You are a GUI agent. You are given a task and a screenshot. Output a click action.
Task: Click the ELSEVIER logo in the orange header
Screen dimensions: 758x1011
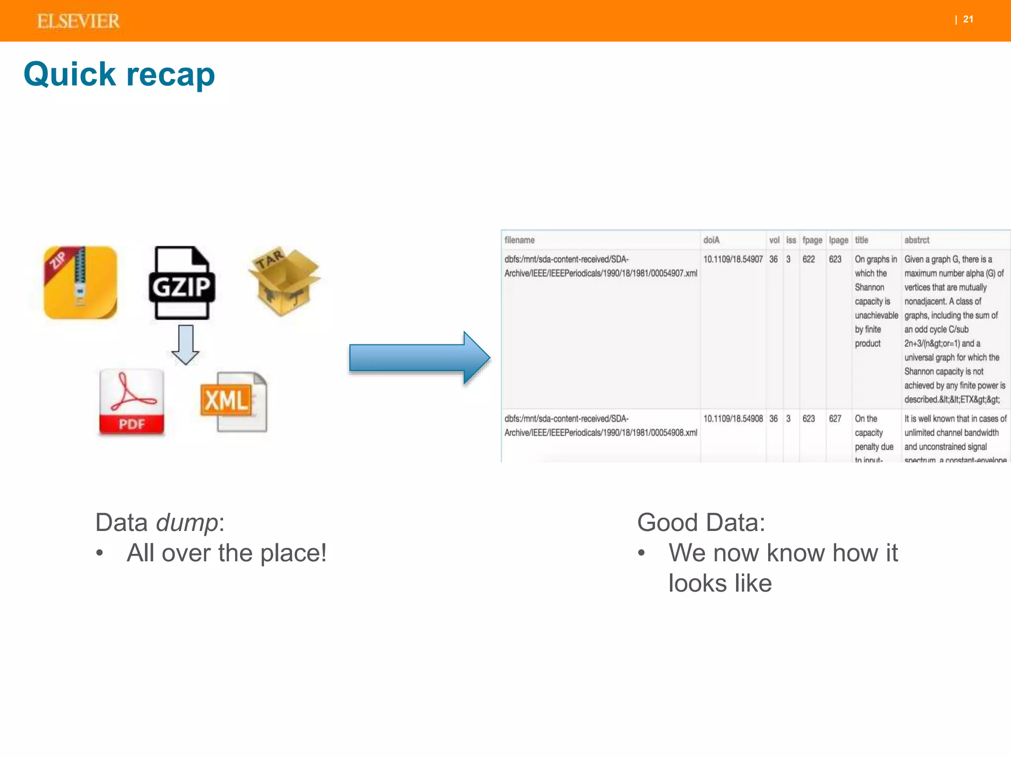coord(78,21)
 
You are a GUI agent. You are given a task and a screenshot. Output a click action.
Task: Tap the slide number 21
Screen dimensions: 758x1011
coord(968,19)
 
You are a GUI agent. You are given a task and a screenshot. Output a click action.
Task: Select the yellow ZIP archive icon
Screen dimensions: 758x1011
coord(80,282)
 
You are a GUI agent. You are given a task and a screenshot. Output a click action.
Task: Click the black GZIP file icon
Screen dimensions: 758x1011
coord(182,282)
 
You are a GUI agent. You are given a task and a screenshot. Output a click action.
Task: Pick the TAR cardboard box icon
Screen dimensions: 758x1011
coord(284,280)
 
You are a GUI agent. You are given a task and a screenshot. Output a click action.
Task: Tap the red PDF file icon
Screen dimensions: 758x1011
coord(131,402)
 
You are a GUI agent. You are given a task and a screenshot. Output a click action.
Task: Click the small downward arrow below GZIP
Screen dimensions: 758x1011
coord(185,344)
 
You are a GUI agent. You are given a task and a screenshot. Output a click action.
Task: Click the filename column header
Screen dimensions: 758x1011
coord(519,240)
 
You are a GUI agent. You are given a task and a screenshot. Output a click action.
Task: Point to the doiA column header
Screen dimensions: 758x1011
coord(711,240)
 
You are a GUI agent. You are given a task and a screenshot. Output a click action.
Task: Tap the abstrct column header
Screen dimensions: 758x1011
coord(917,240)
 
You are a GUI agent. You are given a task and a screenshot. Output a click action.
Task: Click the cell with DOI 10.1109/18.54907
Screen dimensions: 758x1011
coord(733,260)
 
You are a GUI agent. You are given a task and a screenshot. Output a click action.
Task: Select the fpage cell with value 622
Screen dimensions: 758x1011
coord(809,260)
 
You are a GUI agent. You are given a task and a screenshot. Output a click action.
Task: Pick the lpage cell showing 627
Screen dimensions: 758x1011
coord(835,419)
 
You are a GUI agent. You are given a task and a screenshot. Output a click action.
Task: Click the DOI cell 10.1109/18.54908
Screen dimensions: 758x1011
coord(733,419)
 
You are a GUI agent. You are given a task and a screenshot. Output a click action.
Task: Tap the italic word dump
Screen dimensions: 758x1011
coord(187,523)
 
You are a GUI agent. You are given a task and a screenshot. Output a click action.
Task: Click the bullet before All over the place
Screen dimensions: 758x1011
coord(100,553)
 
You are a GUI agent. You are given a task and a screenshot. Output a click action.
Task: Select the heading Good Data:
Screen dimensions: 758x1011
coord(700,523)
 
